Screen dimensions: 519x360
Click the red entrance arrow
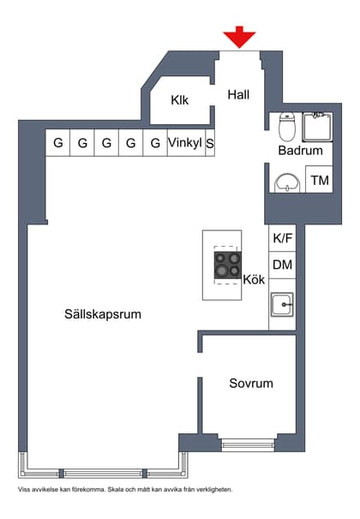tap(239, 38)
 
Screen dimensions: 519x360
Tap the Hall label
tap(238, 95)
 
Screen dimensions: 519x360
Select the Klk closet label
tap(179, 99)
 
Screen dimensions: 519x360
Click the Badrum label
tap(300, 151)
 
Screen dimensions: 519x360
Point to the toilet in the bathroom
tap(288, 127)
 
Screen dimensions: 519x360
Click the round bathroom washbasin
tap(287, 182)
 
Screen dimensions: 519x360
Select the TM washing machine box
tap(320, 180)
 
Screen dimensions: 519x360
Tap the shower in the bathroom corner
tap(317, 126)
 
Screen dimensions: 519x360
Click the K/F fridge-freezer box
tap(282, 239)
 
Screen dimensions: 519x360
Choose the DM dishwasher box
tap(282, 265)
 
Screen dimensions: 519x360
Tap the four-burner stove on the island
tap(228, 266)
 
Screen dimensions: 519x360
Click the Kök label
tap(255, 279)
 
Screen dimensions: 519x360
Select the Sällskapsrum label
tap(102, 314)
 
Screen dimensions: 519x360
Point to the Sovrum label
tap(250, 383)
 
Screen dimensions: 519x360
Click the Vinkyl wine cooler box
tap(185, 143)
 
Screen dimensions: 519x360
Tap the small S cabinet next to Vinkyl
tap(209, 143)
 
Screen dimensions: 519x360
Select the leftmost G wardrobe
tap(58, 143)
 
